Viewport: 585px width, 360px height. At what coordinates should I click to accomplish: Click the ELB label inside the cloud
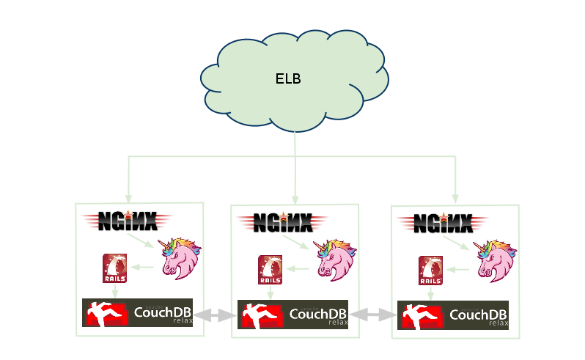coord(288,79)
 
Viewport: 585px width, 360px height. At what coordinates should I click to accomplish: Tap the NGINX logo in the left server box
coord(128,219)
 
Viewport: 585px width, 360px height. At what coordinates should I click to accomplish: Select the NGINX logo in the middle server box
coord(283,221)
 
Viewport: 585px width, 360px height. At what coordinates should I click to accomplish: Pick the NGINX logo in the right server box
coord(443,221)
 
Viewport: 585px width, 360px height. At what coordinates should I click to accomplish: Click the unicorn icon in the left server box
coord(180,258)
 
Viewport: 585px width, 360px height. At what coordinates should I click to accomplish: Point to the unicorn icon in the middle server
coord(335,260)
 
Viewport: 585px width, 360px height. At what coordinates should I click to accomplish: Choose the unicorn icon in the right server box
coord(495,260)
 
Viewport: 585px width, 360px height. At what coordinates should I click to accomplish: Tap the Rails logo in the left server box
coord(115,268)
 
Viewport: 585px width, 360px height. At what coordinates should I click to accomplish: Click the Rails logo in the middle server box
coord(271,270)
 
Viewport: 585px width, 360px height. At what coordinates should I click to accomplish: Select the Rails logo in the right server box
coord(430,271)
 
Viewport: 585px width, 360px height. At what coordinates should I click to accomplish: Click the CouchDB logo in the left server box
coord(138,313)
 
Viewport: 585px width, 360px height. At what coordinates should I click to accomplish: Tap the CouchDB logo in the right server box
coord(453,315)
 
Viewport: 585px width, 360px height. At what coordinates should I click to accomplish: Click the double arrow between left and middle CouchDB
coord(216,315)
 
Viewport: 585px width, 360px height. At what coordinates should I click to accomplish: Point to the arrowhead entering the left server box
coord(128,198)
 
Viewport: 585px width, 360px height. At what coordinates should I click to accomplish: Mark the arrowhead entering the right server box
coord(455,199)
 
